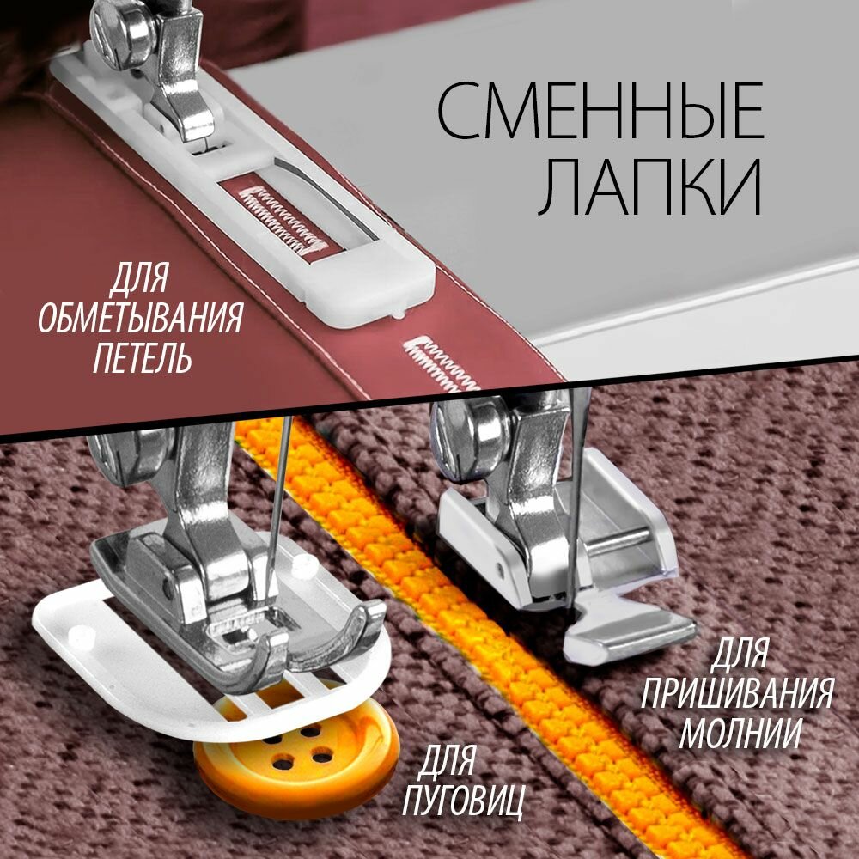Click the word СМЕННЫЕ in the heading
click(600, 113)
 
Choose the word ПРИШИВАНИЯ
click(736, 694)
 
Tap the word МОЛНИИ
click(740, 733)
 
